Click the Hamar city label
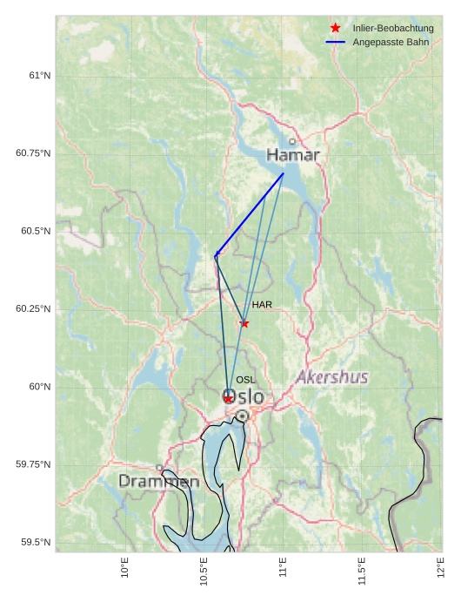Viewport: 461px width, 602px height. pyautogui.click(x=293, y=155)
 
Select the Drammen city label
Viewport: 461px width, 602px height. pyautogui.click(x=159, y=481)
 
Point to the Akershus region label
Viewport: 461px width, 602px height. pyautogui.click(x=332, y=377)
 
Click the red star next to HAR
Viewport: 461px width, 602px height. pyautogui.click(x=244, y=323)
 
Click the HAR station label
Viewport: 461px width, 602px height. pyautogui.click(x=262, y=305)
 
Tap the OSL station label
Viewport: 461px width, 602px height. pyautogui.click(x=246, y=380)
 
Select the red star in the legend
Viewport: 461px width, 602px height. pyautogui.click(x=336, y=28)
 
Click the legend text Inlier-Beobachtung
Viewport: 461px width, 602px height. pyautogui.click(x=393, y=28)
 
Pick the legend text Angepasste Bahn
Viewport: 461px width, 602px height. pyautogui.click(x=391, y=42)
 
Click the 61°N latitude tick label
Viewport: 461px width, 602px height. pyautogui.click(x=39, y=76)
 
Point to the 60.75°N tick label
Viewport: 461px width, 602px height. pyautogui.click(x=33, y=153)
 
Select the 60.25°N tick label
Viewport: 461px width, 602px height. pyautogui.click(x=33, y=309)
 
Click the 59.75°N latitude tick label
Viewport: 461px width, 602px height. pyautogui.click(x=33, y=464)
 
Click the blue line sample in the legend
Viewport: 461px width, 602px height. pyautogui.click(x=336, y=42)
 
